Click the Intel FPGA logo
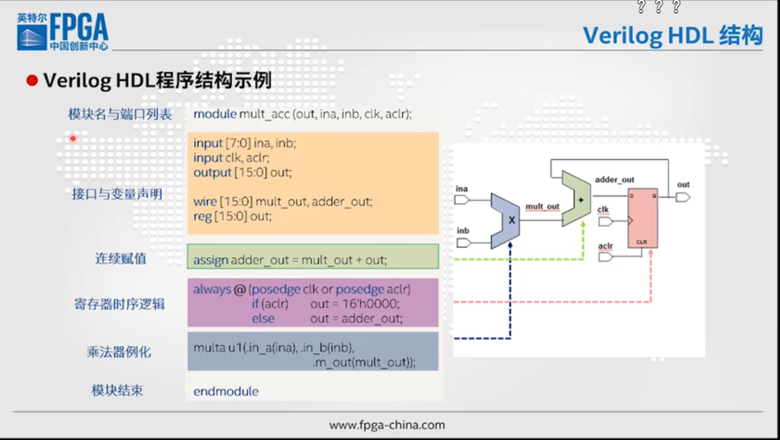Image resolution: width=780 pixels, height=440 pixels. click(x=63, y=32)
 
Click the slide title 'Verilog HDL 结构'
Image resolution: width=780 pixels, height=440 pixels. click(x=673, y=36)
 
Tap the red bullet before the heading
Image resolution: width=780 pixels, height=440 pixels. click(x=32, y=81)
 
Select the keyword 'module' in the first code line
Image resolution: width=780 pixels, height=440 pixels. click(x=214, y=114)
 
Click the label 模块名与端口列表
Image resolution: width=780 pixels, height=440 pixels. click(x=120, y=114)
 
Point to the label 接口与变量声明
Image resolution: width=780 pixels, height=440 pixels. click(x=117, y=194)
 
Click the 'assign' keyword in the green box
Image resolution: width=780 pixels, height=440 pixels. click(x=210, y=260)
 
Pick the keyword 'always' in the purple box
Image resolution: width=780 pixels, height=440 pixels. click(x=212, y=289)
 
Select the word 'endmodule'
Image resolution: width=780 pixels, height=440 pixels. click(x=226, y=392)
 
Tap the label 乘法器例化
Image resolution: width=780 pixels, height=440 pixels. click(x=119, y=352)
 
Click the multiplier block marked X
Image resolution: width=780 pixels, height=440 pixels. click(x=506, y=221)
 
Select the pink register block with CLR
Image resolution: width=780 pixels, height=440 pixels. click(x=642, y=218)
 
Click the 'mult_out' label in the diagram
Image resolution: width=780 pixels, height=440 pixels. click(x=542, y=207)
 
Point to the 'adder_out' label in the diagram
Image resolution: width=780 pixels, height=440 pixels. click(x=614, y=180)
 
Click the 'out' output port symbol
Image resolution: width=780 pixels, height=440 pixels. click(x=683, y=197)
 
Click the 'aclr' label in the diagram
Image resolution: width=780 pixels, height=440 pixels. click(x=605, y=246)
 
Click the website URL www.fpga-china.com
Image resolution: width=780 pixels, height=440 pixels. click(x=387, y=425)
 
